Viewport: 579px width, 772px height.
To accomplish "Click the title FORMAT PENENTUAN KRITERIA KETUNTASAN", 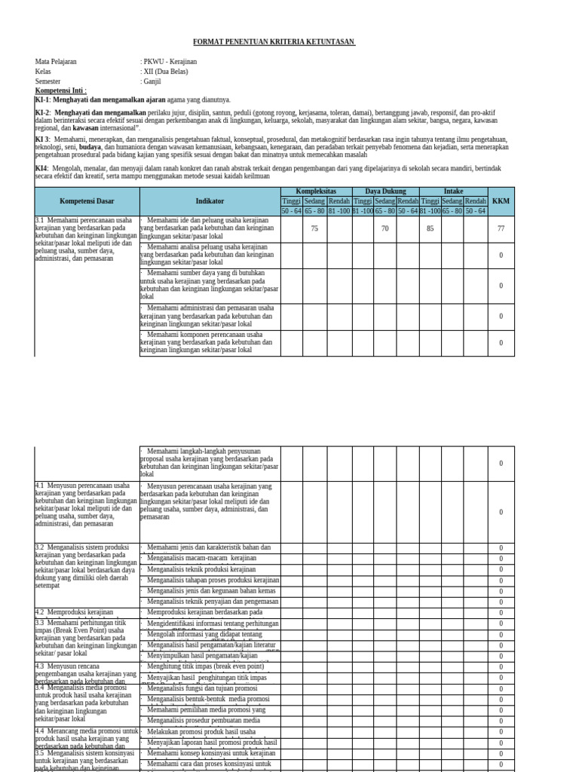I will point(274,41).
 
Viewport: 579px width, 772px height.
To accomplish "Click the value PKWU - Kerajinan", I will point(170,62).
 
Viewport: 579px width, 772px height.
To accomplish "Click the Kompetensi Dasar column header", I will point(87,201).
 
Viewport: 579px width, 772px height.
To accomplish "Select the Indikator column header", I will point(210,201).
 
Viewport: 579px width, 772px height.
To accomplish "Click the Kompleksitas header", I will point(315,191).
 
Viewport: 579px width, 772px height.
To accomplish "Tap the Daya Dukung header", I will point(384,191).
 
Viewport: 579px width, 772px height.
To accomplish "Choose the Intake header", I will point(453,191).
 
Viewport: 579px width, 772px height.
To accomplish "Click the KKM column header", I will point(501,201).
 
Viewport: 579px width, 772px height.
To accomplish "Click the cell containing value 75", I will point(314,228).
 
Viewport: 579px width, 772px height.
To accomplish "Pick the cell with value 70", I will point(384,228).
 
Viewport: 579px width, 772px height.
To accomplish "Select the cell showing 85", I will point(430,228).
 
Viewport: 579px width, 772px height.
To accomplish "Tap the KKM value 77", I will point(501,228).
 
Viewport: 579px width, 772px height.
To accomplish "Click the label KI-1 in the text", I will point(42,100).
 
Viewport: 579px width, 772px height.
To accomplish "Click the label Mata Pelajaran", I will point(56,62).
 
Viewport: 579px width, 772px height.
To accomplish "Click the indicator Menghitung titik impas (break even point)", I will point(205,666).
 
